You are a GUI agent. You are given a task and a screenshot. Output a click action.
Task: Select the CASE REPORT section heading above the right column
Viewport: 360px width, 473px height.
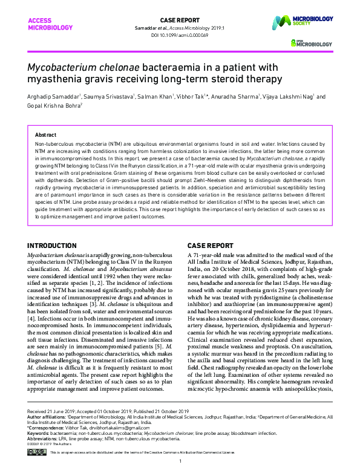(210, 246)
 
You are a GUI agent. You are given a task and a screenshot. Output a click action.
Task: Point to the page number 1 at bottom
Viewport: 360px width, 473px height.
(180, 463)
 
